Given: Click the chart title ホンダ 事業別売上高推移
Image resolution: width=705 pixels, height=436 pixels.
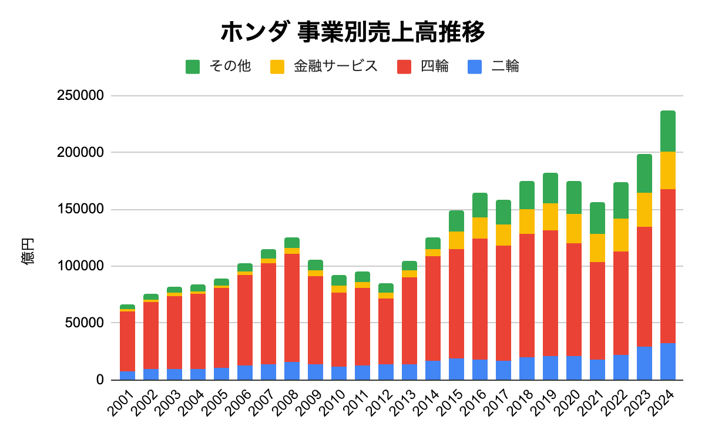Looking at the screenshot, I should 352,32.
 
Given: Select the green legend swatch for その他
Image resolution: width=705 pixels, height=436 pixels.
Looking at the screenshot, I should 193,66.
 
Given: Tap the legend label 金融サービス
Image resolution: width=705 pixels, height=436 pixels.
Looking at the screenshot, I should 335,66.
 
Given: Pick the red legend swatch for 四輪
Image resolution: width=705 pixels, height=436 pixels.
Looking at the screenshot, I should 404,66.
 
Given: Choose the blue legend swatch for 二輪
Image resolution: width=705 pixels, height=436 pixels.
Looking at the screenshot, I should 475,66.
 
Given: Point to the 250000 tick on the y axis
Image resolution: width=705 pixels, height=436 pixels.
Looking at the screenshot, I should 80,96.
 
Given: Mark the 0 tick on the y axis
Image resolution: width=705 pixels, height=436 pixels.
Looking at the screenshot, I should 100,380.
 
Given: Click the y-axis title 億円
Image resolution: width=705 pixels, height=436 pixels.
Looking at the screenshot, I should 28,251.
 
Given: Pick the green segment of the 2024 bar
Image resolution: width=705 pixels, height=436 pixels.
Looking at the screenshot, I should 668,131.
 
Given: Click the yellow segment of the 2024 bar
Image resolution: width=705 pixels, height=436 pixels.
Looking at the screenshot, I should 668,170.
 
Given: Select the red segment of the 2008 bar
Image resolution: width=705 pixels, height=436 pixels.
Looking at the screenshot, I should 292,308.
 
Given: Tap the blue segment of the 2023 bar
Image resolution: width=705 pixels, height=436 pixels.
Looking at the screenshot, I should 644,363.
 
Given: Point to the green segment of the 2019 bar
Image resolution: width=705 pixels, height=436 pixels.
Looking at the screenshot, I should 550,188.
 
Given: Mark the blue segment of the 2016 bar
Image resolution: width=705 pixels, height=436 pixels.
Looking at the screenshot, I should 480,370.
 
